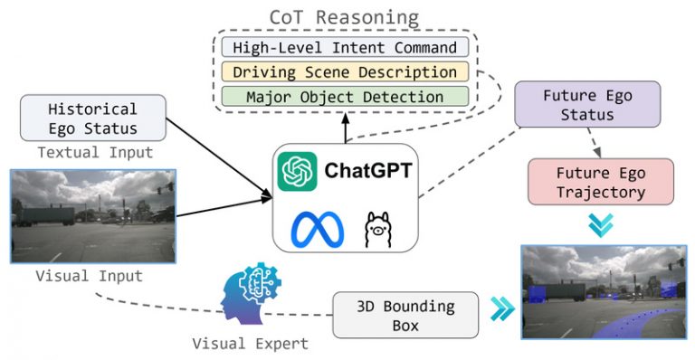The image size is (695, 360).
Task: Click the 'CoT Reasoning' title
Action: (345, 17)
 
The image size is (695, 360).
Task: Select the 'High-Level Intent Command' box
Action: (345, 47)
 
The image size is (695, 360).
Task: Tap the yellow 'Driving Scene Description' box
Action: (345, 71)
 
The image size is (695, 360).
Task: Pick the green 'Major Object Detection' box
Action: (345, 96)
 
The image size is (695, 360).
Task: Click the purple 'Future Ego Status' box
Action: (577, 105)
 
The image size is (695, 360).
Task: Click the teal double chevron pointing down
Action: (600, 224)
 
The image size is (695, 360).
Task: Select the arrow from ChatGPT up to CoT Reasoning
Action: (345, 128)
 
